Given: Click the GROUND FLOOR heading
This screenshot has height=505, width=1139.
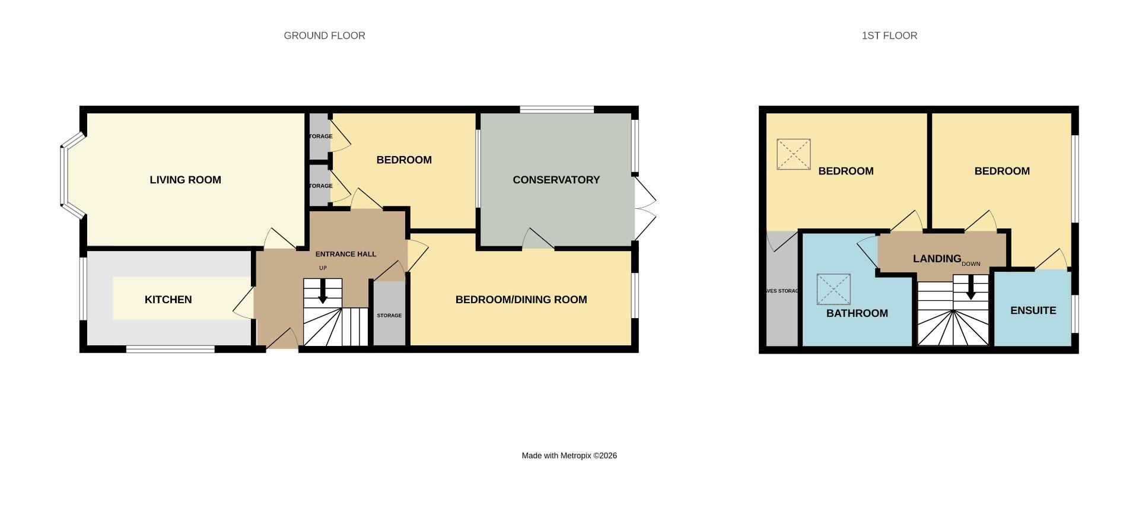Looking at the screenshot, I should click(x=324, y=36).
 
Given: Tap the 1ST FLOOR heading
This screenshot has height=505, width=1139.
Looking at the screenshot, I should click(x=889, y=36).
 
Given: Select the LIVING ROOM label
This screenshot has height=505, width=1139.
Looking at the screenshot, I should click(x=185, y=180).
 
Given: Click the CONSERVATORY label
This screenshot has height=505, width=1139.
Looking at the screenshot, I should click(x=556, y=180).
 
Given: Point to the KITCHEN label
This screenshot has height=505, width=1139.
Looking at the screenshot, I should click(x=168, y=300).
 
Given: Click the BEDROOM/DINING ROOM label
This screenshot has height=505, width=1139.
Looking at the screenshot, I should click(x=521, y=300).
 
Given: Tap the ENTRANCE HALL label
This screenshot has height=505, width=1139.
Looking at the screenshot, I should click(x=345, y=254).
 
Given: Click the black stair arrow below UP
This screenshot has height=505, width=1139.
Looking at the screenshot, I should click(x=323, y=292).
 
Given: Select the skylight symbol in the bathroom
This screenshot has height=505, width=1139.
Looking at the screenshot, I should click(x=833, y=289).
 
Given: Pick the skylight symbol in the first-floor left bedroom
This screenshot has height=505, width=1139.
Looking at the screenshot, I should click(x=793, y=154).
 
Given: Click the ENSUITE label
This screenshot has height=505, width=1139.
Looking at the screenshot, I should click(x=1033, y=310).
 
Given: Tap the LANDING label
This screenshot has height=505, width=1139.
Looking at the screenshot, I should click(x=937, y=259).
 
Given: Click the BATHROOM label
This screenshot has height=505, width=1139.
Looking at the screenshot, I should click(x=857, y=313).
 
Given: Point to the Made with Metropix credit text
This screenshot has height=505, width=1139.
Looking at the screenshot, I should click(x=569, y=456).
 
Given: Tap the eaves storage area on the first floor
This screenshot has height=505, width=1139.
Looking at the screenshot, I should click(x=782, y=291).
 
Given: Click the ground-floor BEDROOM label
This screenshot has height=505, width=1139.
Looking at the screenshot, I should click(x=403, y=160).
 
